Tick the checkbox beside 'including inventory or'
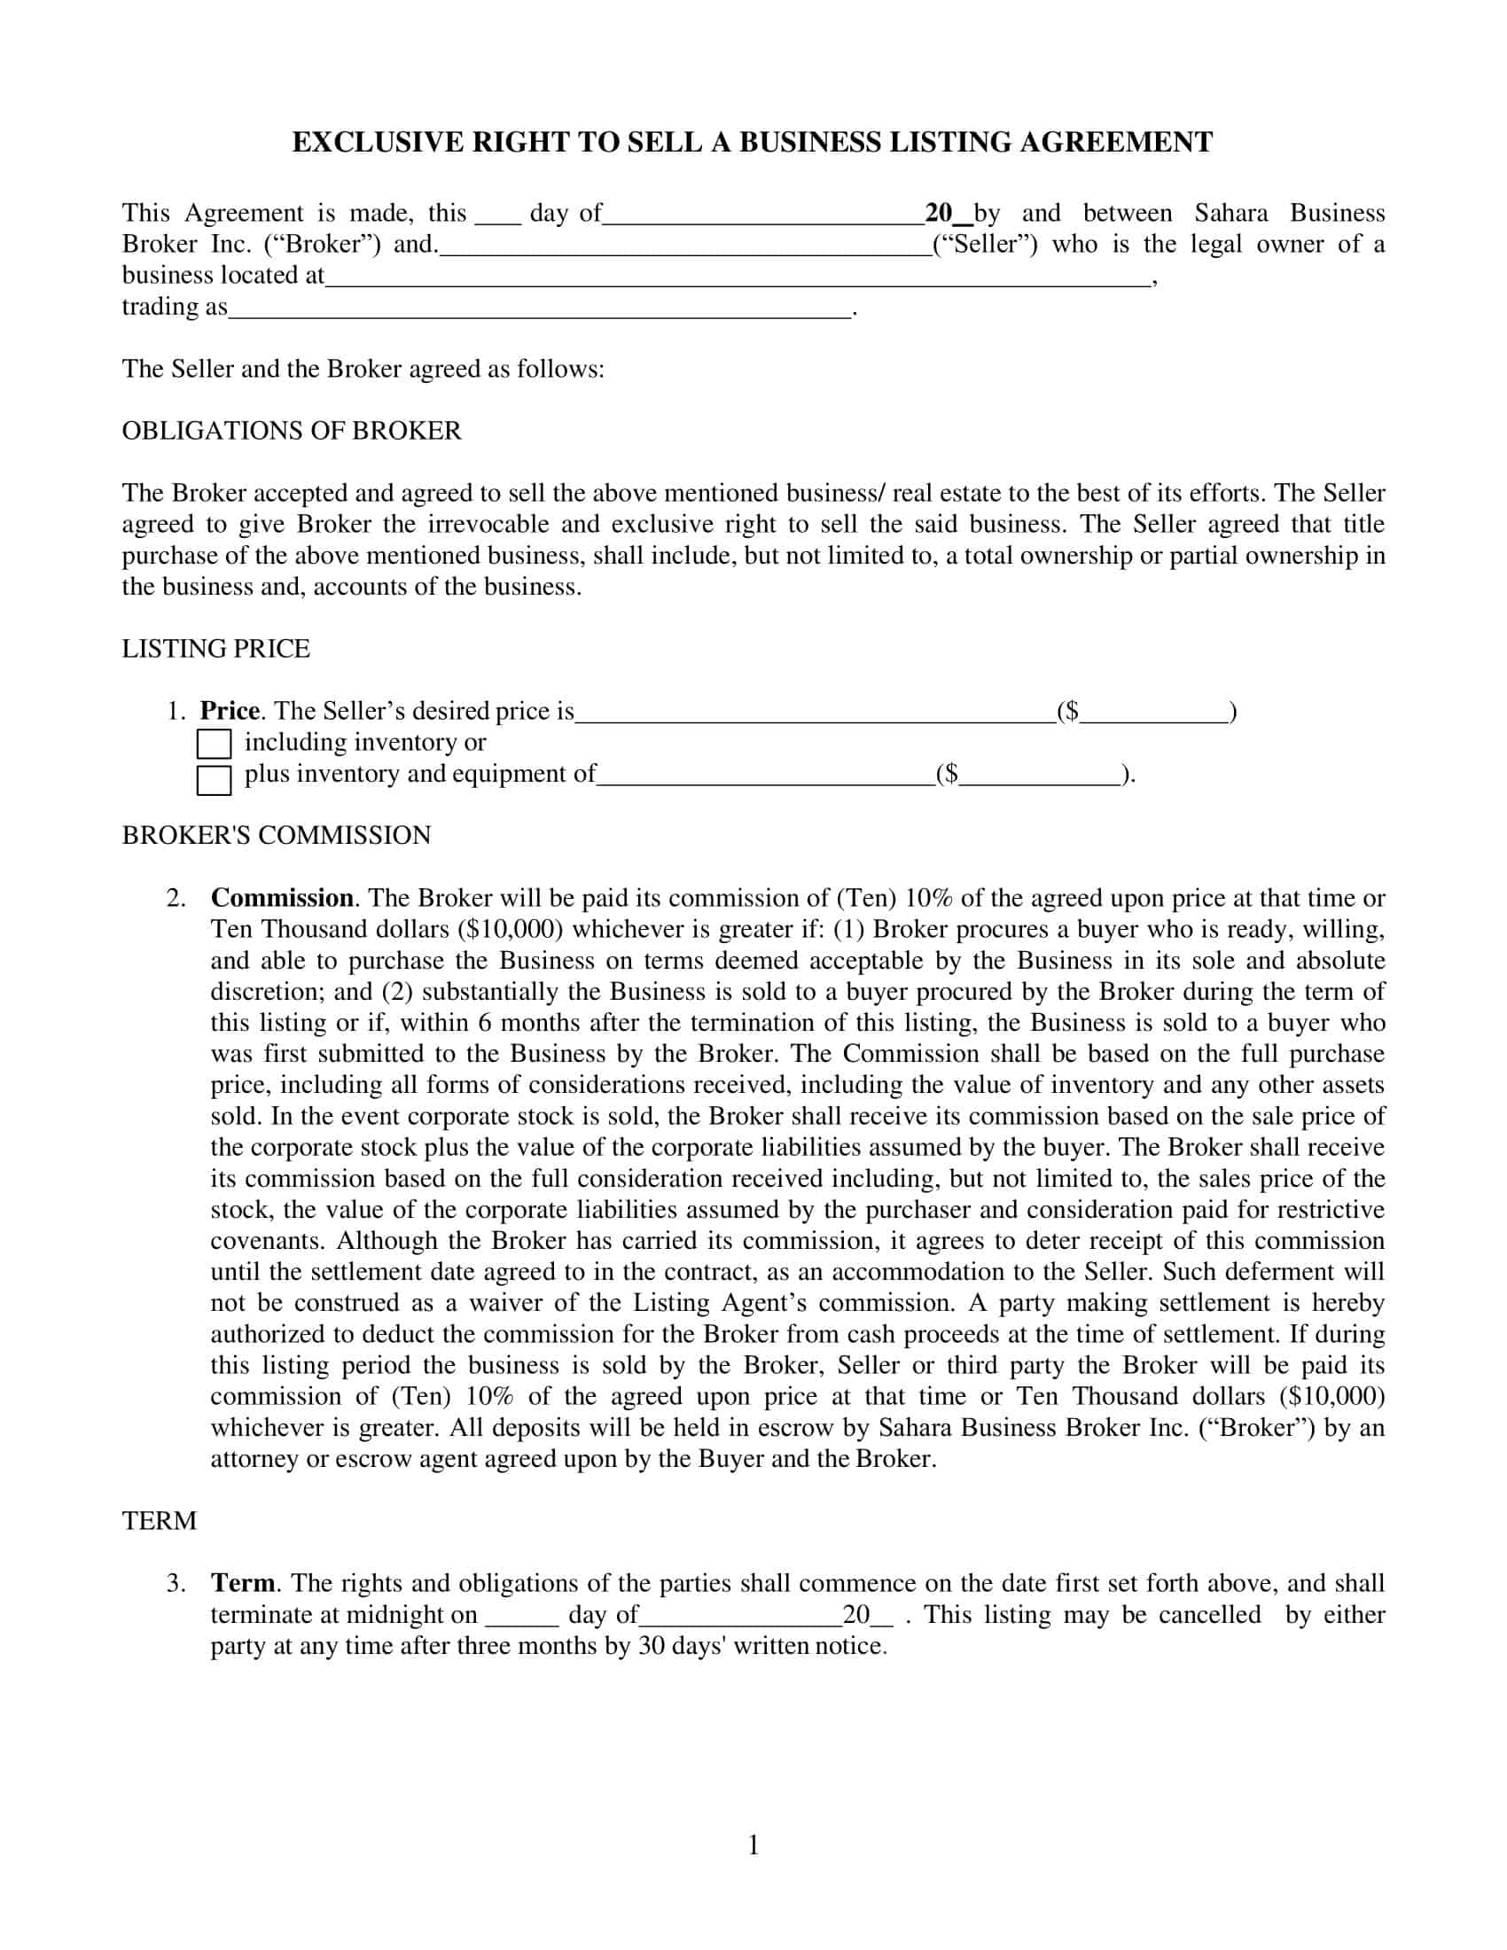(x=214, y=744)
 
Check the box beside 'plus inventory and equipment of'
(x=214, y=779)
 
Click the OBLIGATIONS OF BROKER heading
(x=292, y=432)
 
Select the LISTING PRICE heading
(x=216, y=649)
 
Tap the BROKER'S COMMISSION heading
(x=276, y=836)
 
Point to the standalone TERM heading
(x=159, y=1521)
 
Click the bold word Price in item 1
(x=230, y=712)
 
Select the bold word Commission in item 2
(x=282, y=898)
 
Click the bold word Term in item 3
(x=243, y=1583)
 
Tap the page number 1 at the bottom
(x=753, y=1845)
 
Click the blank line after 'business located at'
(x=738, y=277)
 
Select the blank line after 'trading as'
(x=539, y=309)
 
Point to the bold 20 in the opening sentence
(x=939, y=214)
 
